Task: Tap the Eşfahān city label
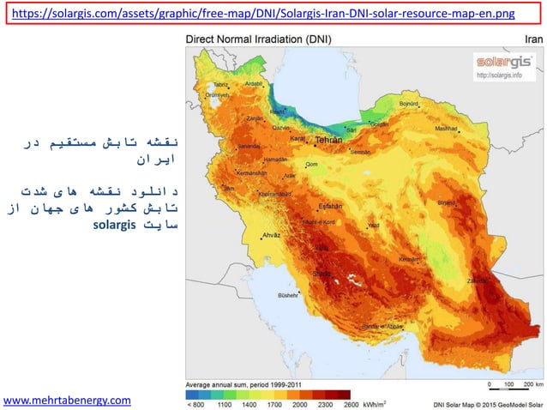click(331, 206)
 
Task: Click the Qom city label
click(312, 164)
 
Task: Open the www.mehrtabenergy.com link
click(68, 400)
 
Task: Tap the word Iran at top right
click(532, 39)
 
